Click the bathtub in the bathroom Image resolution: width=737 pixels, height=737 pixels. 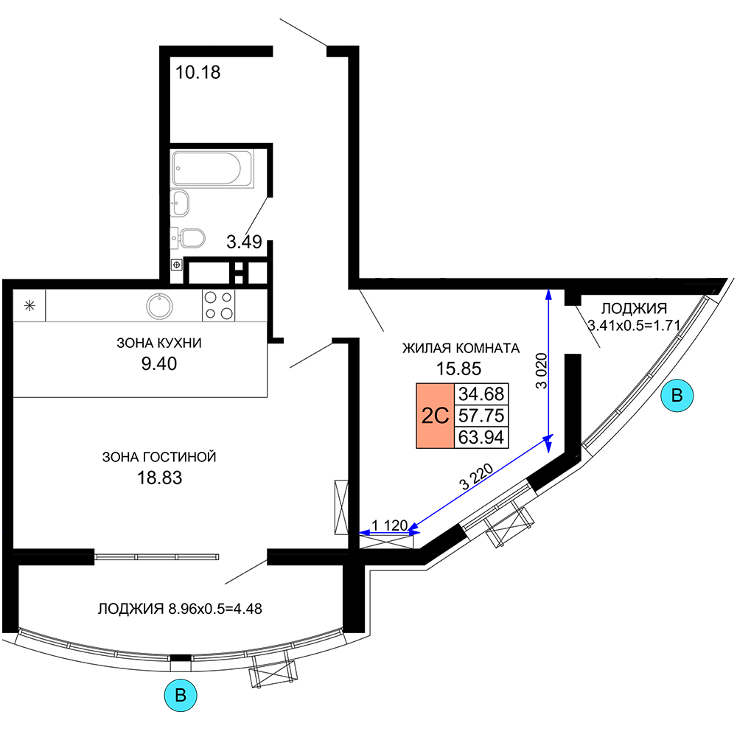212,168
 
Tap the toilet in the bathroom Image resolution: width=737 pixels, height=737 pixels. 188,238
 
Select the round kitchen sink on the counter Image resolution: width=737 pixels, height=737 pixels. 159,306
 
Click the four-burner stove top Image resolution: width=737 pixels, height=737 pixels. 219,305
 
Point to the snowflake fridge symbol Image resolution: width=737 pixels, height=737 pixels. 29,306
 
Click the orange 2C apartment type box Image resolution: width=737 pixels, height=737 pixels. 436,416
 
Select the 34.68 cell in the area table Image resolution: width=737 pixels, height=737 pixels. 481,394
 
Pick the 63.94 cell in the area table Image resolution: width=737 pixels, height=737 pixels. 481,437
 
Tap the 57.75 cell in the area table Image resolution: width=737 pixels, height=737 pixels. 481,416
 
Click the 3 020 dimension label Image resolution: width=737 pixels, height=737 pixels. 542,371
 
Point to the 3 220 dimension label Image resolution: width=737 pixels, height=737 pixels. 476,476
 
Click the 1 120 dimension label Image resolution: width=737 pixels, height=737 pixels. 389,525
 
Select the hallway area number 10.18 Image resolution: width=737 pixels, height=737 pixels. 198,72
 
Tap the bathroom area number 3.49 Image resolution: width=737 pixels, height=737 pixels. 244,242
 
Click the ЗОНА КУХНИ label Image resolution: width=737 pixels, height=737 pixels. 159,343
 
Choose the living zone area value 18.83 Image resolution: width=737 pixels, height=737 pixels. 159,478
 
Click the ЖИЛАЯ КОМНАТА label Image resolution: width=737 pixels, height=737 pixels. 461,349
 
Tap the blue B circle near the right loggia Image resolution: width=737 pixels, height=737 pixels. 677,395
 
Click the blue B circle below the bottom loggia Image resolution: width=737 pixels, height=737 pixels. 181,695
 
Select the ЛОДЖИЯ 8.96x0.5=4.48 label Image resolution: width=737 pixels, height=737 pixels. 180,609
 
